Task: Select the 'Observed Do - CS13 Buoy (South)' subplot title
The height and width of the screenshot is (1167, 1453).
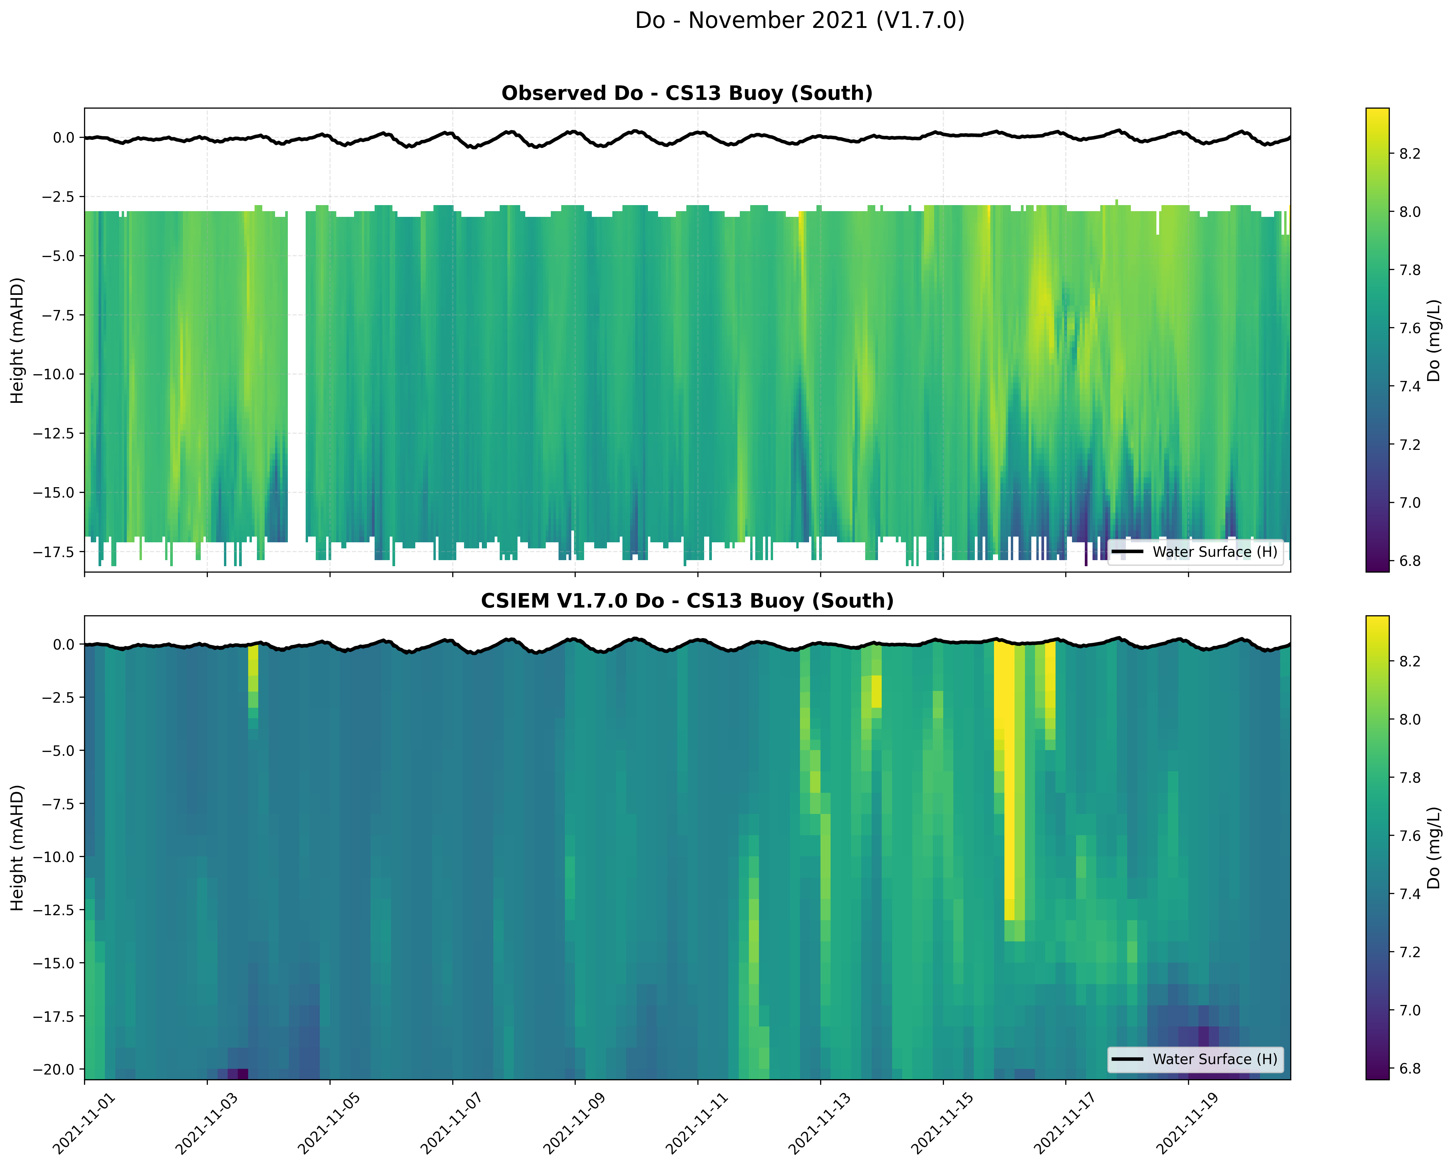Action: (x=687, y=93)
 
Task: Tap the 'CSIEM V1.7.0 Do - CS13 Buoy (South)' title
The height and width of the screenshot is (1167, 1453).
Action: (x=687, y=600)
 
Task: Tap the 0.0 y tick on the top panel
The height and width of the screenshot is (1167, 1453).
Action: (x=63, y=138)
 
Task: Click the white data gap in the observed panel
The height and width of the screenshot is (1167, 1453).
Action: (x=297, y=377)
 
